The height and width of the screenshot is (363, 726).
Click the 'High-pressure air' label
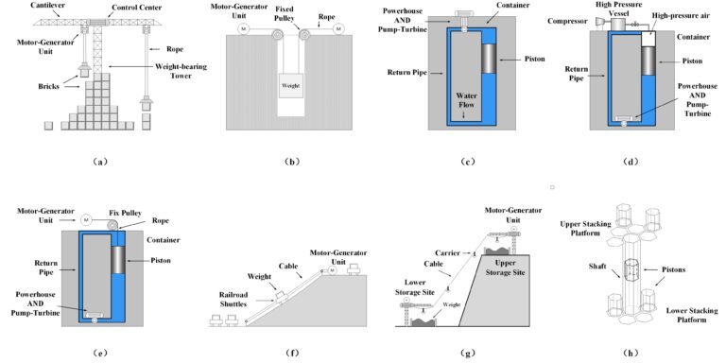pyautogui.click(x=684, y=16)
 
